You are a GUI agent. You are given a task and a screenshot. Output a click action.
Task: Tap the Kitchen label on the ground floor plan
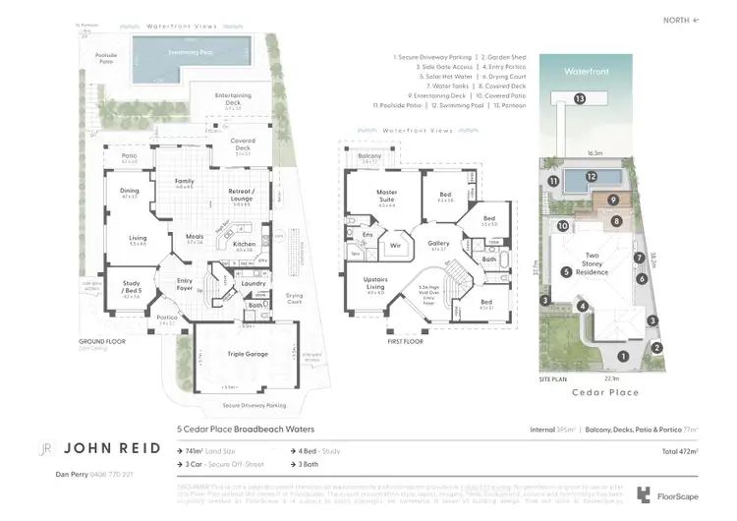244,246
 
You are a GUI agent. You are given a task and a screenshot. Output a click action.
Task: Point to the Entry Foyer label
185,283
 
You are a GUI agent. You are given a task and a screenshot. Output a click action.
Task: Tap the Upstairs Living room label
375,286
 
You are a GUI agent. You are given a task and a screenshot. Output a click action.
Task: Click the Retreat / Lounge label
240,195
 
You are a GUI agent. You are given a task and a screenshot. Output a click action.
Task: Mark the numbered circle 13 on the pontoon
581,98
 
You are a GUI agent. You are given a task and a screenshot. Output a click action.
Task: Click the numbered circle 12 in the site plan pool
591,177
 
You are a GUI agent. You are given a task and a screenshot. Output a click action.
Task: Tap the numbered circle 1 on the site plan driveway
621,356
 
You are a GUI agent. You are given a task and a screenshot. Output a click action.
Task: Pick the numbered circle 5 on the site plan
566,271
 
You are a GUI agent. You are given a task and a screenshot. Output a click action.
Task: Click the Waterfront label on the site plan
587,71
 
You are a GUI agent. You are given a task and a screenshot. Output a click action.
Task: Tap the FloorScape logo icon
644,495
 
